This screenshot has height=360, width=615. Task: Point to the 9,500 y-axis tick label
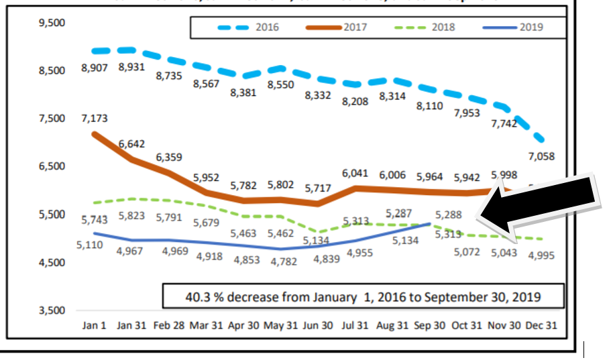tap(51, 23)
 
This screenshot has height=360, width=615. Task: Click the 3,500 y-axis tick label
tap(51, 310)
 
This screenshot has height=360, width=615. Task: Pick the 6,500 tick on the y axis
tap(51, 166)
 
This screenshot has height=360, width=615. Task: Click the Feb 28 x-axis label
tap(169, 326)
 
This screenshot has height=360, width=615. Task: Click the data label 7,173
tap(95, 119)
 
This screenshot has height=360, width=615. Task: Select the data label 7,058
tap(543, 156)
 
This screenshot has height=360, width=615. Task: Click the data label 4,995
tap(543, 256)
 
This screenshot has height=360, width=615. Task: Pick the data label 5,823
tap(131, 216)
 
